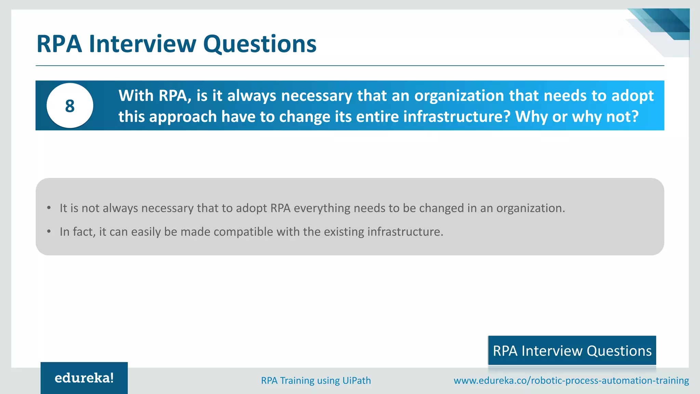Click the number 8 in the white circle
(x=70, y=106)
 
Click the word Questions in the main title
(x=260, y=44)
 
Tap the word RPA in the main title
(x=59, y=44)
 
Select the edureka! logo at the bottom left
(x=84, y=378)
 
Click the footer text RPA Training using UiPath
(x=316, y=380)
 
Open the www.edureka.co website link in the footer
(x=571, y=380)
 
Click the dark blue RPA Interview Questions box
(x=572, y=351)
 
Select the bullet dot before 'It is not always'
(x=49, y=208)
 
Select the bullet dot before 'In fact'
(x=49, y=232)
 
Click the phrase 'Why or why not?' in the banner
(x=577, y=117)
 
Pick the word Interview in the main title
(x=143, y=44)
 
